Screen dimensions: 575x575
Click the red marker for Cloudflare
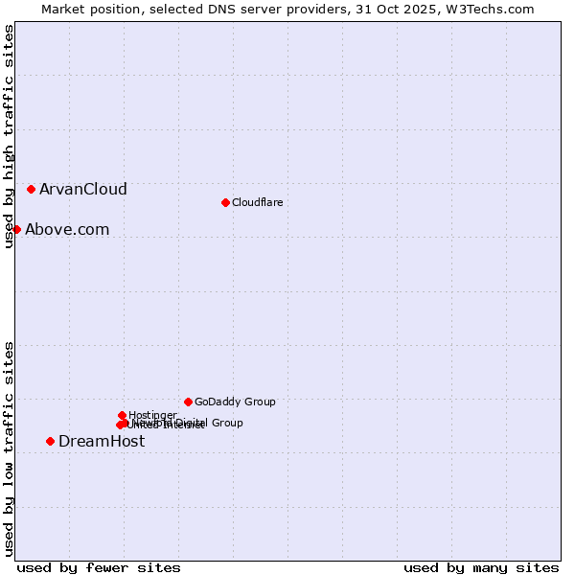pyautogui.click(x=225, y=202)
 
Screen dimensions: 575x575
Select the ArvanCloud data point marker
pyautogui.click(x=32, y=190)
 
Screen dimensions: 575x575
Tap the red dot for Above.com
pyautogui.click(x=16, y=229)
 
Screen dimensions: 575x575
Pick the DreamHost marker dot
pyautogui.click(x=50, y=441)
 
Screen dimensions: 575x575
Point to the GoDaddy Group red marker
pyautogui.click(x=188, y=402)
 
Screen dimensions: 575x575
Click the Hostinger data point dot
pyautogui.click(x=122, y=415)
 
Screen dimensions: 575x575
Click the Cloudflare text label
pyautogui.click(x=257, y=202)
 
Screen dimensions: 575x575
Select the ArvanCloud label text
pyautogui.click(x=82, y=190)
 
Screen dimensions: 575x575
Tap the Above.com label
pyautogui.click(x=67, y=230)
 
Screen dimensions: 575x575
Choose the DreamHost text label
pyautogui.click(x=102, y=442)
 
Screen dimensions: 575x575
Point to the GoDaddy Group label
pyautogui.click(x=235, y=402)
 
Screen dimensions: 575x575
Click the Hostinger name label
pyautogui.click(x=153, y=415)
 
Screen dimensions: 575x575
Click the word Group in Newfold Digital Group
pyautogui.click(x=226, y=423)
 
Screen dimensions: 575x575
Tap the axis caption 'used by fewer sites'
pyautogui.click(x=99, y=568)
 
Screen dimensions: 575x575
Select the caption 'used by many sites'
pyautogui.click(x=481, y=568)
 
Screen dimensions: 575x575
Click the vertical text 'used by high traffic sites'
pyautogui.click(x=10, y=136)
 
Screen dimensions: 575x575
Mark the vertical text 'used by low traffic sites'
pyautogui.click(x=10, y=448)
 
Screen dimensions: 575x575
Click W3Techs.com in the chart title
pyautogui.click(x=495, y=9)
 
